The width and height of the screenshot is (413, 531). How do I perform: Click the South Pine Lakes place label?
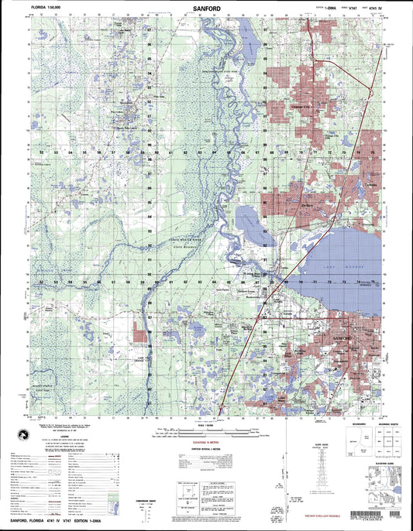pos(125,125)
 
